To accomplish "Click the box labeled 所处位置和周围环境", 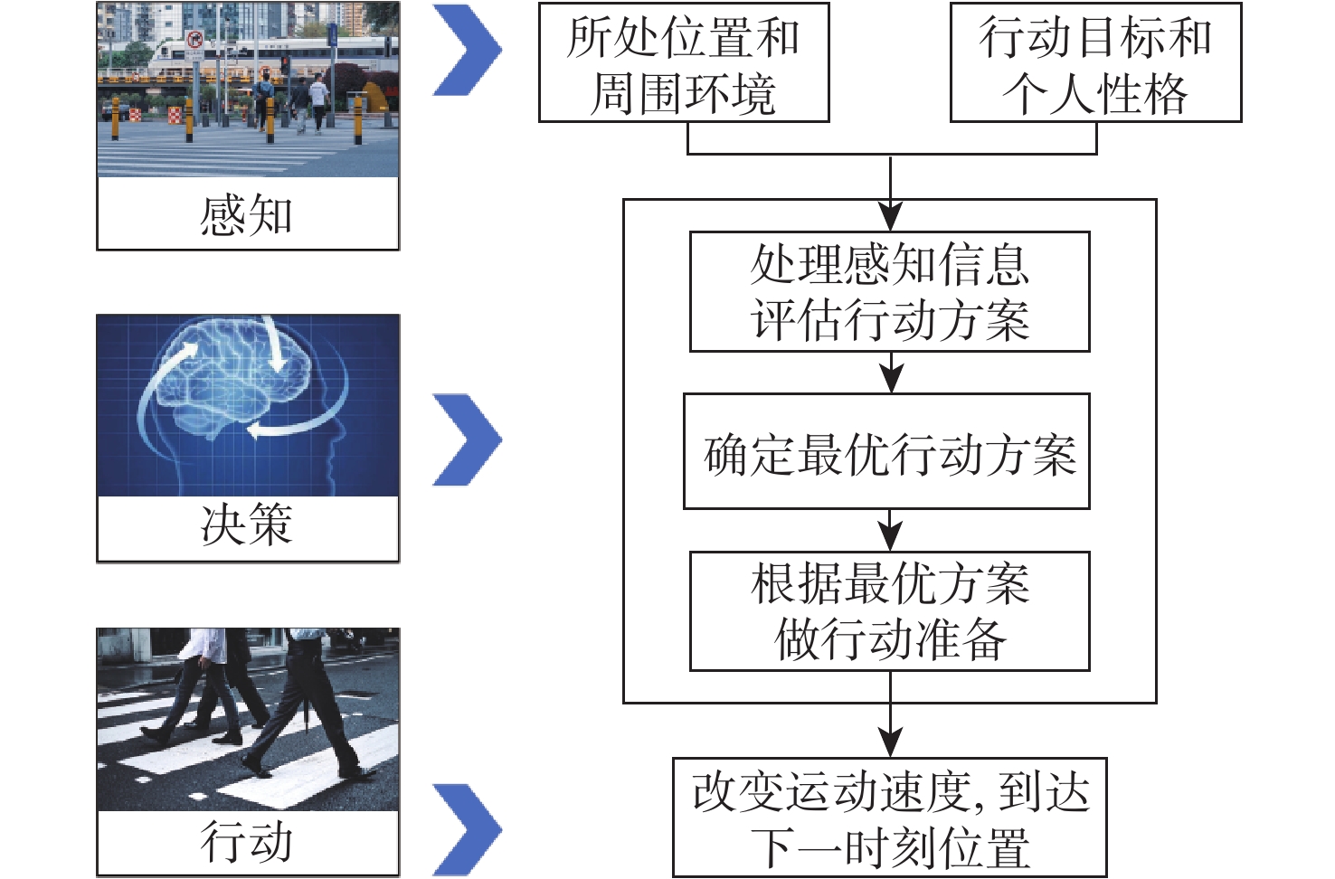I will (x=684, y=63).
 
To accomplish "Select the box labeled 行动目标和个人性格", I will (x=1095, y=63).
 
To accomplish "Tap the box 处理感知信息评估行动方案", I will (x=889, y=291).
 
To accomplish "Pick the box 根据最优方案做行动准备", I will (x=889, y=611).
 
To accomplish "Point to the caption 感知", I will (x=247, y=215).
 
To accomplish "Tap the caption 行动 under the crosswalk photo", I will (x=247, y=842).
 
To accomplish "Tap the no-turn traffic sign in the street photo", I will (x=194, y=40).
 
